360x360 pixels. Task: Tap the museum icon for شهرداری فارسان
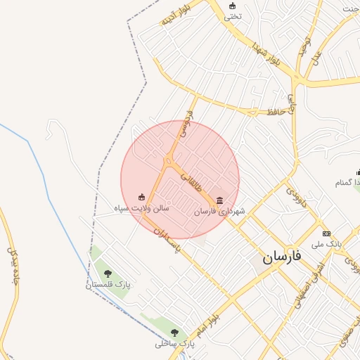pyautogui.click(x=219, y=199)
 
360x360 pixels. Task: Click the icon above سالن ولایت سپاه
pyautogui.click(x=141, y=198)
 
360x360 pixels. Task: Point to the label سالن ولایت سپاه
pyautogui.click(x=142, y=208)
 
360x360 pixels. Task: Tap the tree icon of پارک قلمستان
pyautogui.click(x=108, y=273)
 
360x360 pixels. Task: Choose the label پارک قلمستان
pyautogui.click(x=108, y=285)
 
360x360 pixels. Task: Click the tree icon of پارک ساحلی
pyautogui.click(x=174, y=333)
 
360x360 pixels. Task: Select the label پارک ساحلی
pyautogui.click(x=174, y=344)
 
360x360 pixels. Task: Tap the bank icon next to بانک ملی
pyautogui.click(x=326, y=233)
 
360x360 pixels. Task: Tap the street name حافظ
pyautogui.click(x=275, y=110)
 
